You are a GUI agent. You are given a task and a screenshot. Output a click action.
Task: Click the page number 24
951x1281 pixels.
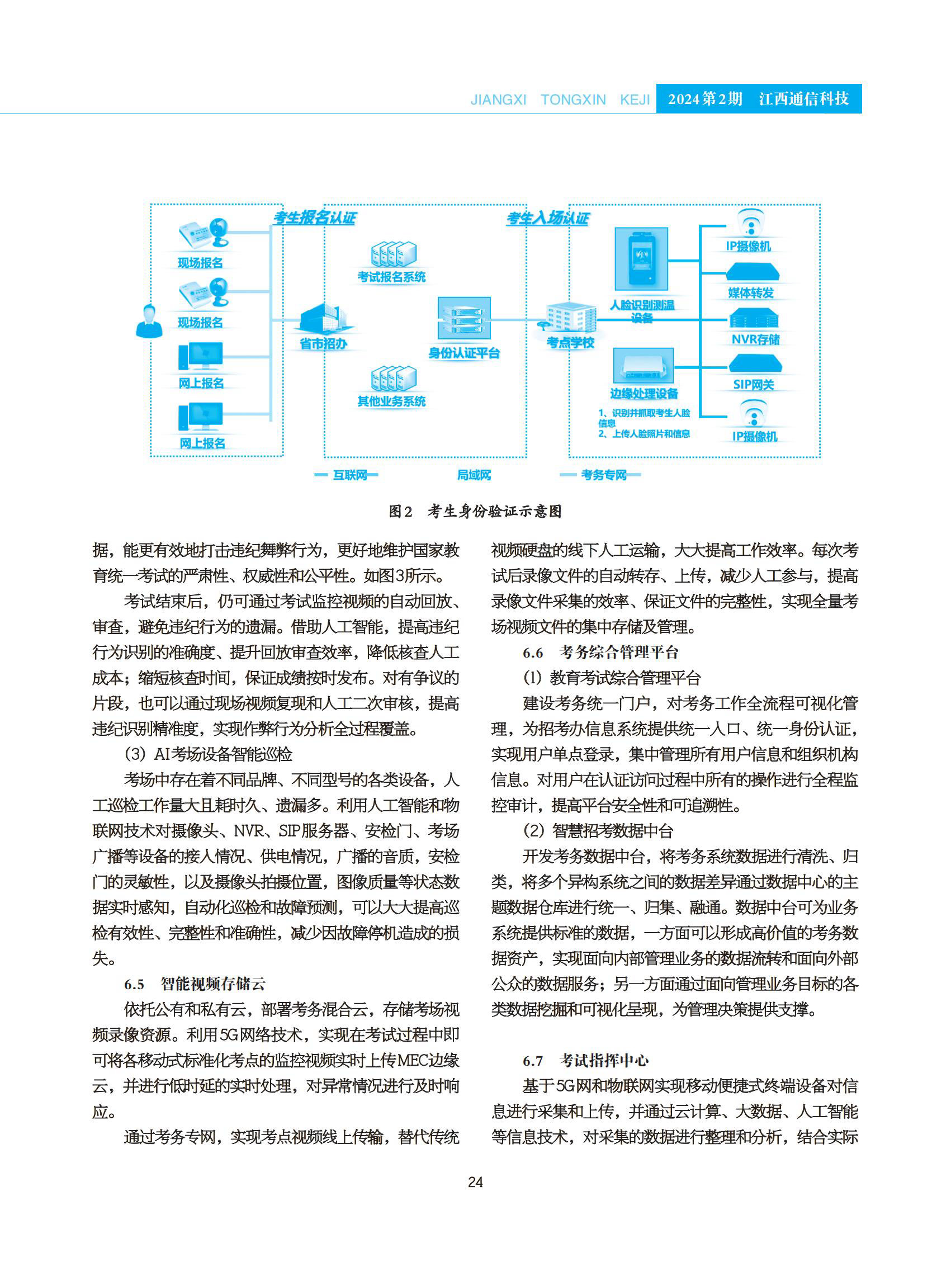click(x=475, y=1182)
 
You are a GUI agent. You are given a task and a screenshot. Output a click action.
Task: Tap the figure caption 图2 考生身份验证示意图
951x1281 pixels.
click(x=475, y=511)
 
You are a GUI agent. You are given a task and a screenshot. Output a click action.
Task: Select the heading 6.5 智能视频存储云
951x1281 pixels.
click(x=195, y=984)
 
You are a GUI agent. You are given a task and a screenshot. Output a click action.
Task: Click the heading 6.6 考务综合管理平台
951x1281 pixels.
click(x=600, y=653)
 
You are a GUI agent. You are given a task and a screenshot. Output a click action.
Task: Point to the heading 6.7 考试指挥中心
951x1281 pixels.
click(x=585, y=1061)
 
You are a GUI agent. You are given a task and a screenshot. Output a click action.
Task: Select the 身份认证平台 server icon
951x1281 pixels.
click(x=464, y=318)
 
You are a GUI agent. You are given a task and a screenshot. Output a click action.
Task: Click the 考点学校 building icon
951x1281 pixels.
click(x=570, y=318)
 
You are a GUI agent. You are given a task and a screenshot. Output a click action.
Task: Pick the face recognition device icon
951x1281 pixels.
click(x=641, y=259)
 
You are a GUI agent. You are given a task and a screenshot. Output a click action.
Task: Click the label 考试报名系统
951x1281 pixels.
click(x=391, y=277)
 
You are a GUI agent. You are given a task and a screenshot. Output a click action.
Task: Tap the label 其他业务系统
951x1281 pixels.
click(x=391, y=401)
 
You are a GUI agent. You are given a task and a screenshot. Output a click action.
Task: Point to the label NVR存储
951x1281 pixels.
click(x=755, y=340)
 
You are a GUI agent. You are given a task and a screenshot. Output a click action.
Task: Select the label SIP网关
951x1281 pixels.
click(x=754, y=385)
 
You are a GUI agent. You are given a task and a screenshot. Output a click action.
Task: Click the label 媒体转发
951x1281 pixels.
click(x=751, y=293)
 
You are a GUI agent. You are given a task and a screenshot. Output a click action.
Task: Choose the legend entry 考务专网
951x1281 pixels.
click(x=603, y=475)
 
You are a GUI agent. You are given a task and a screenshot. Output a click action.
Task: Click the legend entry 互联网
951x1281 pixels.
click(x=349, y=475)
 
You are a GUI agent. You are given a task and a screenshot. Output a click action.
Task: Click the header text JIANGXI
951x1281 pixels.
click(x=499, y=100)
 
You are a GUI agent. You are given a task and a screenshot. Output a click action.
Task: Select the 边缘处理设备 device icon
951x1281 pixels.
click(x=643, y=366)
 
